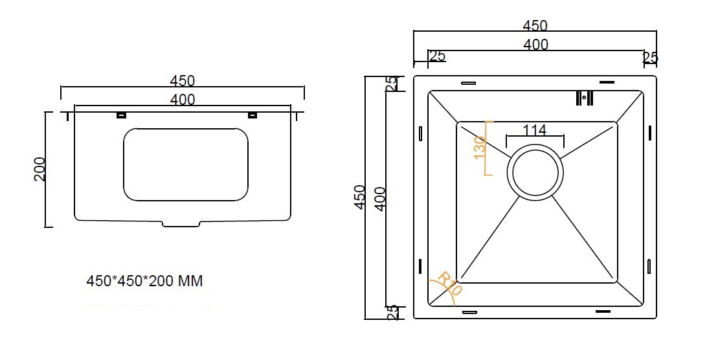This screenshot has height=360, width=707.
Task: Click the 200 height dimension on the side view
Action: pyautogui.click(x=39, y=169)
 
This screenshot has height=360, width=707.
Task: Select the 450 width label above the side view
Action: pyautogui.click(x=182, y=81)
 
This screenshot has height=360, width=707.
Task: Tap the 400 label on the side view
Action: pyautogui.click(x=182, y=100)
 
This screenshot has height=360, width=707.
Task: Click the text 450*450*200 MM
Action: pyautogui.click(x=144, y=282)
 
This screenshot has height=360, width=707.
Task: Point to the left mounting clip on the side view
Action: pyautogui.click(x=120, y=115)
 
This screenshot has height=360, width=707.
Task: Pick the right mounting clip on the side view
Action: pyautogui.click(x=252, y=115)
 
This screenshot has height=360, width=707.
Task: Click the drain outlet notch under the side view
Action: pyautogui.click(x=181, y=224)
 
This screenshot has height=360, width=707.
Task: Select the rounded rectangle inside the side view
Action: pyautogui.click(x=186, y=164)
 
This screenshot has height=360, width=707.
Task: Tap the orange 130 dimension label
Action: pyautogui.click(x=480, y=148)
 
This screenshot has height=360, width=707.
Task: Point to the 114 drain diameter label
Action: pyautogui.click(x=534, y=130)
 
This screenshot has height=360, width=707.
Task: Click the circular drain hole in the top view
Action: pyautogui.click(x=535, y=173)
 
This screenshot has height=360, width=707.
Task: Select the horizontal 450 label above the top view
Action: pyautogui.click(x=535, y=26)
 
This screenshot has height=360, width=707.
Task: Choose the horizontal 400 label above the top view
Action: pyautogui.click(x=535, y=45)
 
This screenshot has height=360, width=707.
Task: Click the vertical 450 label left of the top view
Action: pyautogui.click(x=360, y=197)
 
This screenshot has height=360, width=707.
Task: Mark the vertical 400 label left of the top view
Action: pyautogui.click(x=380, y=199)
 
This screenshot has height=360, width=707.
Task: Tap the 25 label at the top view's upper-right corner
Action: pyautogui.click(x=650, y=58)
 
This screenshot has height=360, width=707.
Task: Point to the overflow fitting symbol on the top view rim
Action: pyautogui.click(x=584, y=98)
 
